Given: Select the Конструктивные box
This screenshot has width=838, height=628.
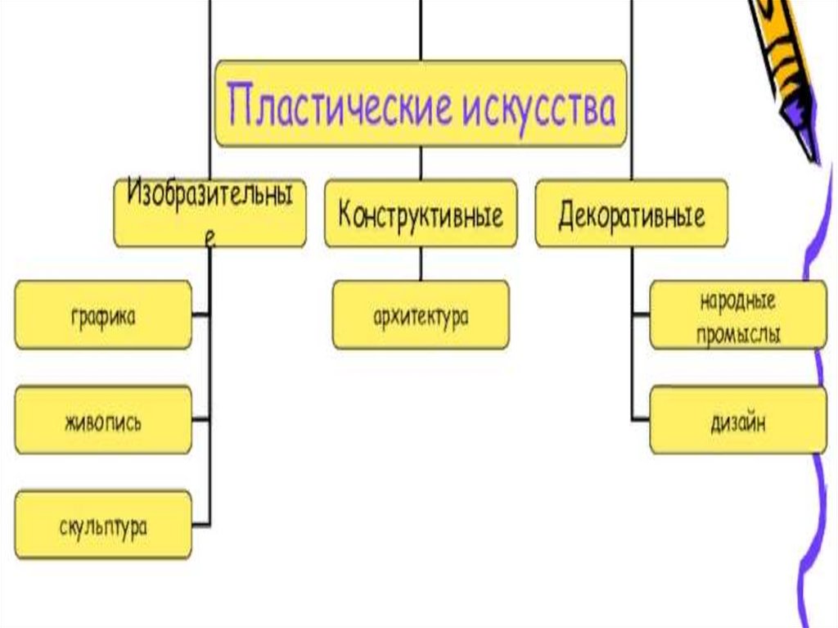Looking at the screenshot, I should tap(421, 215).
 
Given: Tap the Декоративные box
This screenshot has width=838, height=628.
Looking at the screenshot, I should tap(631, 215).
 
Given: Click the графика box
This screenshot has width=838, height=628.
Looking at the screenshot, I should tap(103, 315).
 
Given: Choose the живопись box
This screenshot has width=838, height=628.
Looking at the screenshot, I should tap(103, 422).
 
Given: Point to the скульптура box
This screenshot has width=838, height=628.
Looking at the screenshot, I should tap(103, 525).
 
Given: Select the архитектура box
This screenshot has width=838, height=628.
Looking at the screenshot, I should tap(420, 315).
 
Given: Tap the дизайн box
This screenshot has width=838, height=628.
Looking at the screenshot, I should tap(738, 422).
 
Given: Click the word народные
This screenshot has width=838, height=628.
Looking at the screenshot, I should tap(737, 300).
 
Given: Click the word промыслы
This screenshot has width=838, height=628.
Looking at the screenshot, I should tap(737, 333).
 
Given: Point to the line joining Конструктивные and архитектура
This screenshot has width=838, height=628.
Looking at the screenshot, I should tap(421, 264).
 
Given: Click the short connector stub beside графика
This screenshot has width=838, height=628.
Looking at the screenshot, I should tap(201, 314).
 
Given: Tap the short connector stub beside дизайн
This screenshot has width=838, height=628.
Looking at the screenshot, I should tap(641, 421).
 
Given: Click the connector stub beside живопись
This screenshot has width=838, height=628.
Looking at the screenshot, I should tap(201, 421).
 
